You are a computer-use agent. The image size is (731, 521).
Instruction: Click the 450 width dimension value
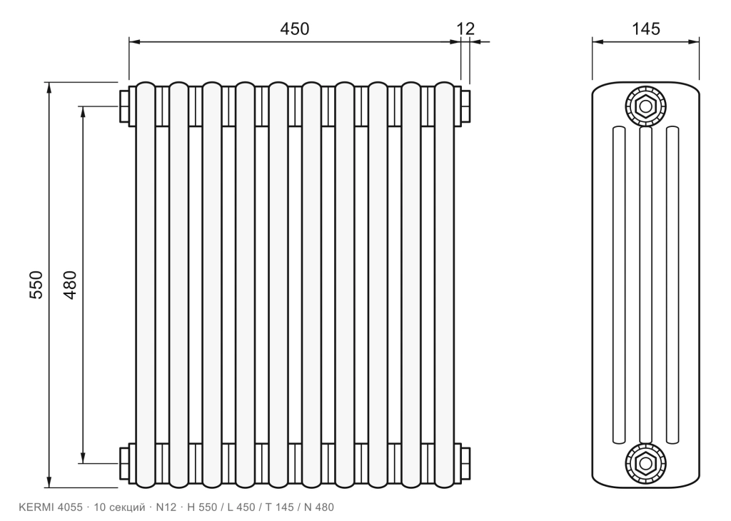pos(294,29)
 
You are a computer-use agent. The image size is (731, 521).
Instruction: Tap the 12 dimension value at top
pos(465,29)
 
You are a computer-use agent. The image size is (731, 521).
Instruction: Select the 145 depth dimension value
pos(645,29)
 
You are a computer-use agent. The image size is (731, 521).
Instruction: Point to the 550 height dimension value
pos(36,285)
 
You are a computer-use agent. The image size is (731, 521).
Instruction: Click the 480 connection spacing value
pos(69,285)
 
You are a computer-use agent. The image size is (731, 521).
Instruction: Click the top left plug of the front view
pos(124,106)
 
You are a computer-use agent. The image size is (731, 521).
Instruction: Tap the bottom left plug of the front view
pos(124,463)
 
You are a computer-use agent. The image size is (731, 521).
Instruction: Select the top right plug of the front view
pos(465,106)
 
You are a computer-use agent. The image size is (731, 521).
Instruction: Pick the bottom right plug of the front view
pos(465,463)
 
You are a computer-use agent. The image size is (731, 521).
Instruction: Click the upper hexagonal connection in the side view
pos(645,107)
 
